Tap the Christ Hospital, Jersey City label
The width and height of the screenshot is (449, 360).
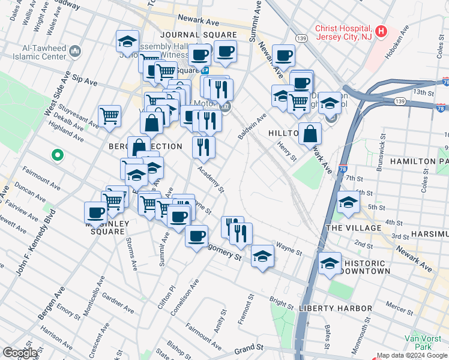(343, 32)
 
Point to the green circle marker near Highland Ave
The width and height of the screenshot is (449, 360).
(58, 155)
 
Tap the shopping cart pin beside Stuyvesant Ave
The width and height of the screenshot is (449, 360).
(110, 116)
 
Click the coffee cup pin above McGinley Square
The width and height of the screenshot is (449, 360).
(96, 212)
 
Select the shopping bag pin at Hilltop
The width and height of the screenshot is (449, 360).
(310, 134)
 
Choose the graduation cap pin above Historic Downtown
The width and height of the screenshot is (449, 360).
(330, 263)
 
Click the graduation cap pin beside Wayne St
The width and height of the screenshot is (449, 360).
(262, 256)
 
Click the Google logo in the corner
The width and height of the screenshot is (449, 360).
(20, 353)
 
